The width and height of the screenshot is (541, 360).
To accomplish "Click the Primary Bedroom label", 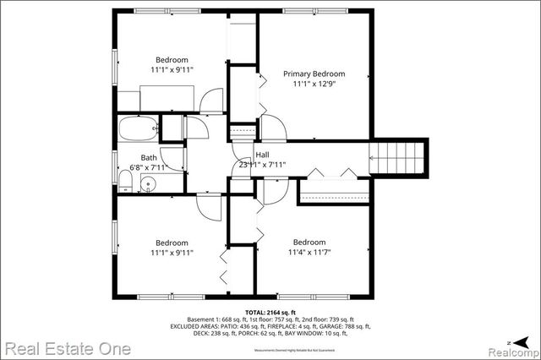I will click(x=313, y=74).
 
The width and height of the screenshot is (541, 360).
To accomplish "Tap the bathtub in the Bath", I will click(x=138, y=129).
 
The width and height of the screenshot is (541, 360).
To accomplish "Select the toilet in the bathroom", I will click(x=125, y=179).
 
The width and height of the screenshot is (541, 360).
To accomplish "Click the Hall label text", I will click(x=262, y=155).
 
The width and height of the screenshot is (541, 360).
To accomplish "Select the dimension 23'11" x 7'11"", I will click(x=262, y=166).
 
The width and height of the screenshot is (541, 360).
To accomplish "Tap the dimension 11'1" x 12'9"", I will click(x=313, y=85).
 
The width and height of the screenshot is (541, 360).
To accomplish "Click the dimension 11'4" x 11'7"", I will click(x=309, y=253).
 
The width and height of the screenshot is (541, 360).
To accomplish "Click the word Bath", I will click(x=149, y=158).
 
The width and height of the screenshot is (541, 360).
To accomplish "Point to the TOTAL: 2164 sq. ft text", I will click(x=270, y=311).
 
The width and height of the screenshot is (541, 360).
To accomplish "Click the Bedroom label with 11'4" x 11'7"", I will click(x=309, y=243).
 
